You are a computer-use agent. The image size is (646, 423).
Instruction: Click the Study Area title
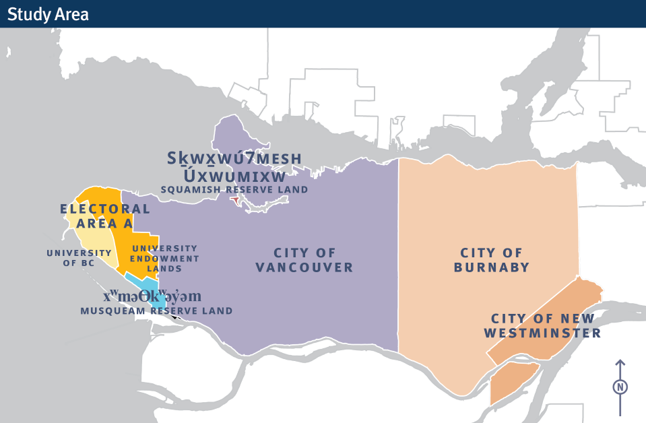48,13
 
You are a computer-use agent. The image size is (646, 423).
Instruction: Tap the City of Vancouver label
304,260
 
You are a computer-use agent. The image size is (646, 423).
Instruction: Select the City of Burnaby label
491,260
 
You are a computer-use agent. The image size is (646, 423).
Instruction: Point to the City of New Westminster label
546,326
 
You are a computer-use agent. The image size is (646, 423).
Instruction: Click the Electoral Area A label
105,216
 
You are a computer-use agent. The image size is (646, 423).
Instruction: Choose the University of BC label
79,258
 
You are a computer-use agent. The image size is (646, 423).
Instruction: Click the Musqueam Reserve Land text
156,311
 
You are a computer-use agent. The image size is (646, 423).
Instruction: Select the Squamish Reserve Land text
234,190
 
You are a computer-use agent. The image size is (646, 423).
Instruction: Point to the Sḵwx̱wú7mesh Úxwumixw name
234,167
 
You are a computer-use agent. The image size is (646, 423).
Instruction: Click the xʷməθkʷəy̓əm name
152,296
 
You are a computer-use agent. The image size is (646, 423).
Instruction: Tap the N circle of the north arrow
620,387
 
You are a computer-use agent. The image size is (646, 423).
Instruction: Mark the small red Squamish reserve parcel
234,200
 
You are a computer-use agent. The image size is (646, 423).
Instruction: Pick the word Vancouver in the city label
304,267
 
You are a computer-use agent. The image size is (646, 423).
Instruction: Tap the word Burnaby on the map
491,267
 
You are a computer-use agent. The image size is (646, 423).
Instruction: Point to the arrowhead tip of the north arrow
620,361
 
